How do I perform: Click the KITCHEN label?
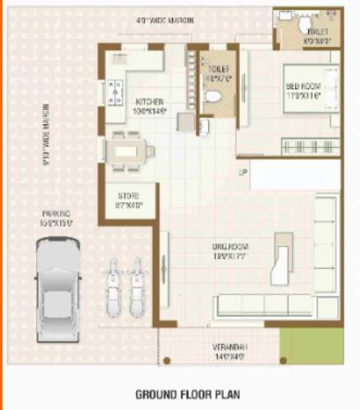click(151, 102)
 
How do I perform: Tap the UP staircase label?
click(242, 172)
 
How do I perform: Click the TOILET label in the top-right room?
click(316, 31)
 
